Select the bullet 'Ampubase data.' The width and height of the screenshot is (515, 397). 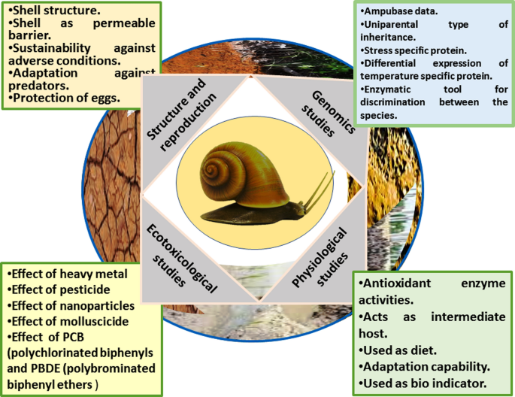pos(399,11)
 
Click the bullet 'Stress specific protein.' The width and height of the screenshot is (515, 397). pos(413,50)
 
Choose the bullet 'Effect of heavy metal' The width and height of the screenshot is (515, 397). pos(68,274)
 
